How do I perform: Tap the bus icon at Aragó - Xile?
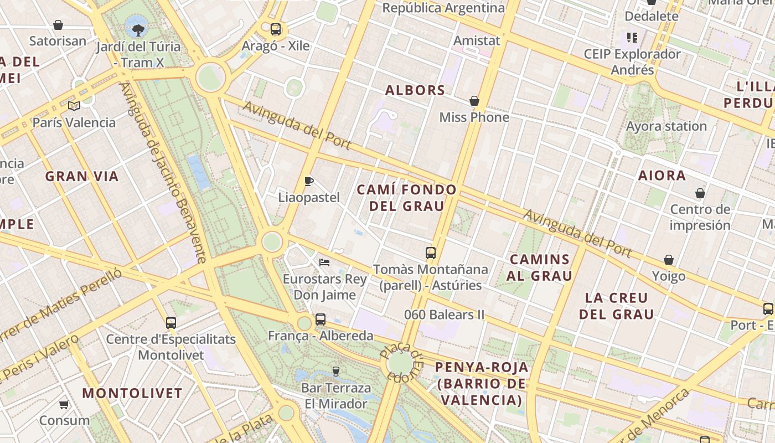(275, 29)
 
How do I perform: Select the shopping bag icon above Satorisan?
(58, 25)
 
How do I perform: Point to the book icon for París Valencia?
(74, 106)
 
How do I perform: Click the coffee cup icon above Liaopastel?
(309, 181)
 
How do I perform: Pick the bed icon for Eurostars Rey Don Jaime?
(324, 262)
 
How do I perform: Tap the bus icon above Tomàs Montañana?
(431, 253)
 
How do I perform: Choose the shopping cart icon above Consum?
(64, 404)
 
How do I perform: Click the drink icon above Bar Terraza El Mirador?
(335, 371)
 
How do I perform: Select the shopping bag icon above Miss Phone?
(474, 101)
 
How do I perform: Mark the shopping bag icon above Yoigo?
(669, 260)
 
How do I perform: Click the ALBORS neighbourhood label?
(415, 90)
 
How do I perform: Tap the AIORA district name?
(662, 176)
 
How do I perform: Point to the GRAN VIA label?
(82, 177)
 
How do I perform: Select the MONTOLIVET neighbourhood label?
(132, 394)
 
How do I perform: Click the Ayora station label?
(666, 126)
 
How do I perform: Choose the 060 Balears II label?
(444, 315)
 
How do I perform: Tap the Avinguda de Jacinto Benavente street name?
(164, 172)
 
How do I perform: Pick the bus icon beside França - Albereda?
(321, 320)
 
